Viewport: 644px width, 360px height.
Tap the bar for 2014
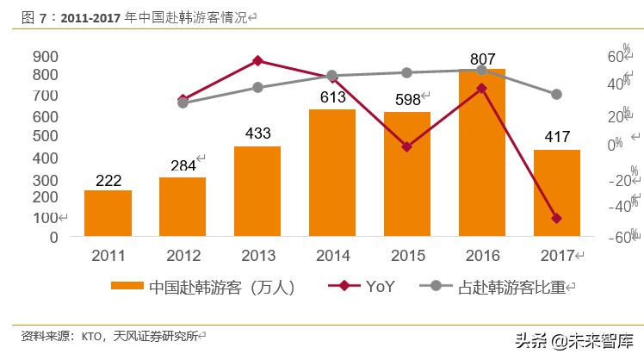331,172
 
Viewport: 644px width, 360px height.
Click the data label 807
482,59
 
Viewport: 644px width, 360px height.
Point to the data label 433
257,133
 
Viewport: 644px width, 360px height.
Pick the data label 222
108,178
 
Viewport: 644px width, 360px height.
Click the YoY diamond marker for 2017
556,218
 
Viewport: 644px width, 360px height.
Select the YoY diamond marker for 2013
257,60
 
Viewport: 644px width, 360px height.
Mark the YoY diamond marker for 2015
406,146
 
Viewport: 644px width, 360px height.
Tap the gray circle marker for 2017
556,94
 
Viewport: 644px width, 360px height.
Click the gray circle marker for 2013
257,87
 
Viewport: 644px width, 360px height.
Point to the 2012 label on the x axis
183,255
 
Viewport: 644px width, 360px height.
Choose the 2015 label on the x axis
406,255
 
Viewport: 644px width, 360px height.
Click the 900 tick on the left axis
46,56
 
